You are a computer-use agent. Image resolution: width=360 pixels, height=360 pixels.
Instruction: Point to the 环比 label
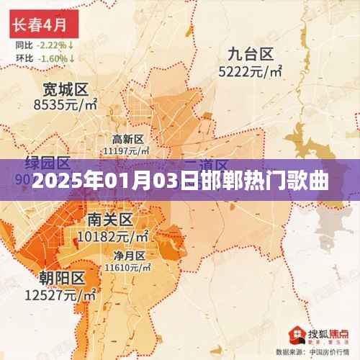[x=23, y=58]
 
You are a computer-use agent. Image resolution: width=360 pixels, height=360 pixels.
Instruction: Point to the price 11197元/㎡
[x=127, y=150]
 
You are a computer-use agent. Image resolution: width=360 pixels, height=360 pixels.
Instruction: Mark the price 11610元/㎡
[x=127, y=267]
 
